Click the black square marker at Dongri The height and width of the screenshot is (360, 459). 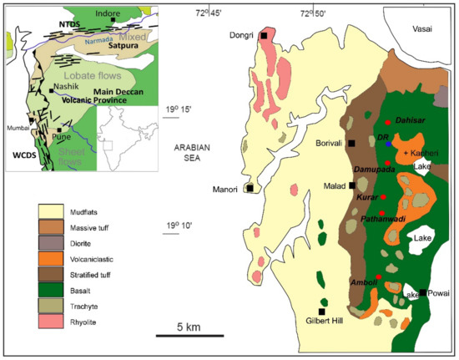pos(264,36)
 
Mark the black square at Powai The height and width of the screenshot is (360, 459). pos(423,293)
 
